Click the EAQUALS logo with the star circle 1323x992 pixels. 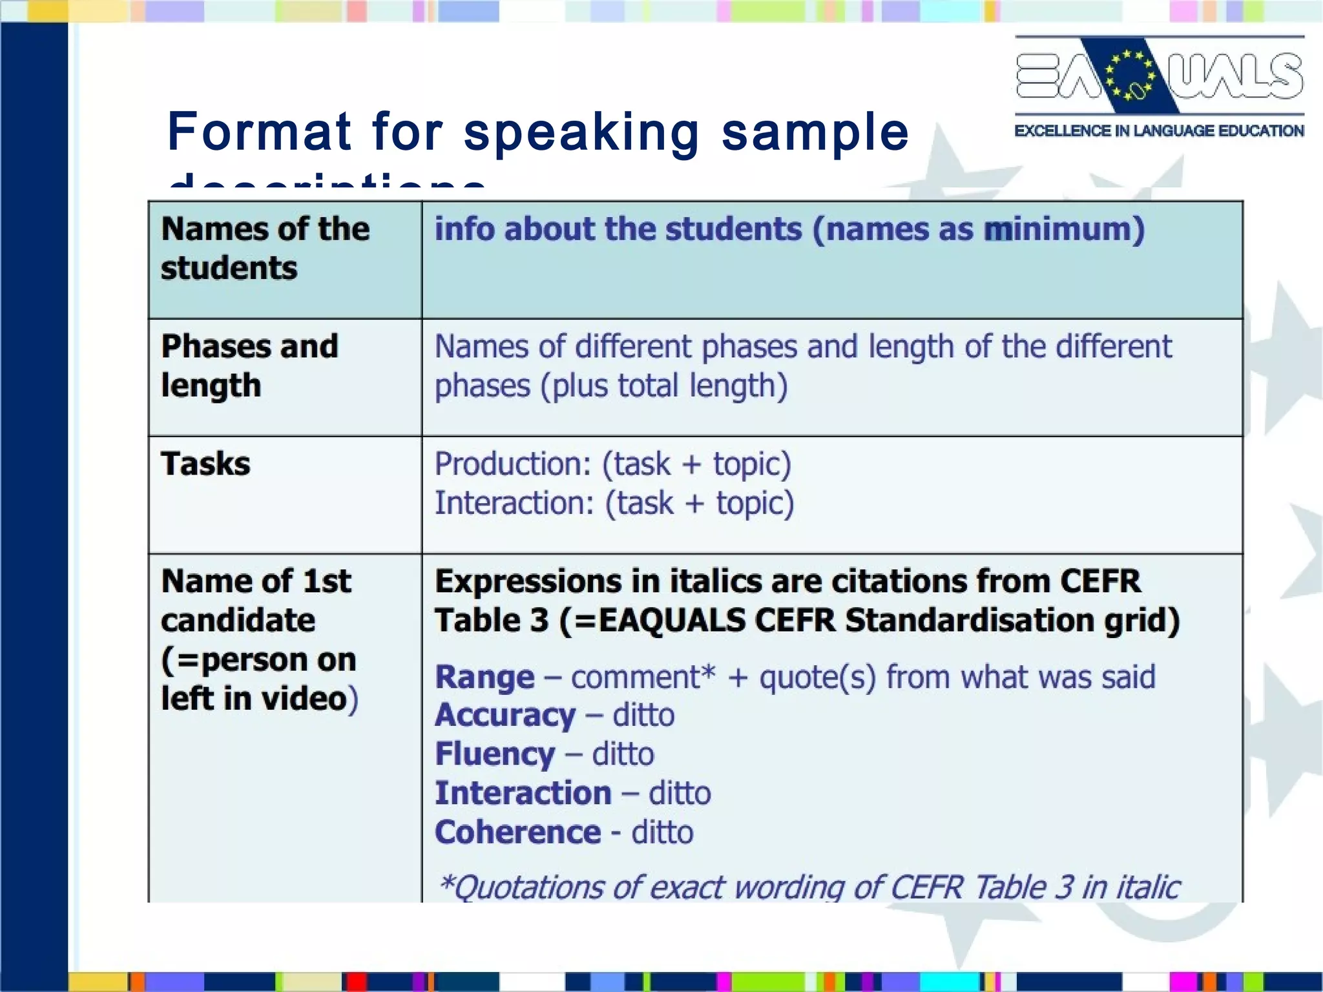[x=1159, y=76]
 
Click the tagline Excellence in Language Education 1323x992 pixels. [x=1159, y=130]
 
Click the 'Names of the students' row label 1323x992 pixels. [x=265, y=249]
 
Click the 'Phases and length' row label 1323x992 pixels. [x=249, y=366]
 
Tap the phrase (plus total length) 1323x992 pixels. [x=664, y=386]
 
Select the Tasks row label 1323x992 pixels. [x=205, y=464]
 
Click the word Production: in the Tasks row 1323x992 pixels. [x=513, y=464]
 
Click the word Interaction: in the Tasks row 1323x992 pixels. [x=514, y=503]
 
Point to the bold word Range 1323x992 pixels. [x=484, y=677]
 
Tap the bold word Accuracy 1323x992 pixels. [x=505, y=716]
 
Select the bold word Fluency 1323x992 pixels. [x=494, y=754]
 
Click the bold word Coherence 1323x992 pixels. [x=517, y=832]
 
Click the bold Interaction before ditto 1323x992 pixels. [x=523, y=793]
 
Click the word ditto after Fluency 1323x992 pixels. [x=623, y=754]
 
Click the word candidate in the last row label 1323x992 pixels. [x=238, y=621]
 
